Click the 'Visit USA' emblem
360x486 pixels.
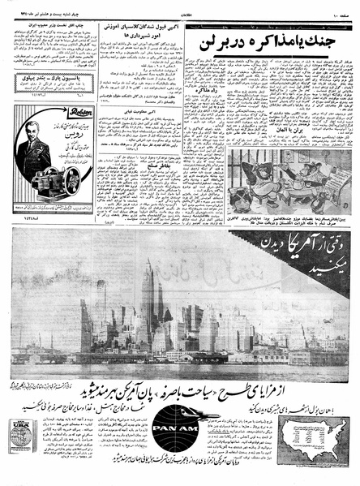click(x=21, y=437)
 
